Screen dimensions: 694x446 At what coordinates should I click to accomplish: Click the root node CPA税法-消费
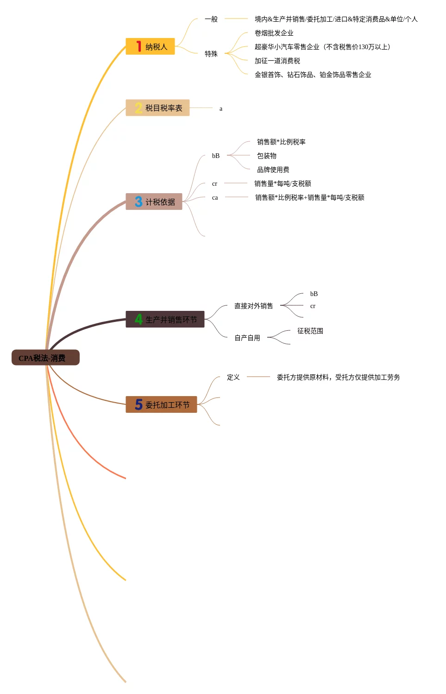tap(45, 358)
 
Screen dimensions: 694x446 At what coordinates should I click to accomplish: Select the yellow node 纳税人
tap(150, 46)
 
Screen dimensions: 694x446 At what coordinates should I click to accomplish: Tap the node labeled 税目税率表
tap(157, 108)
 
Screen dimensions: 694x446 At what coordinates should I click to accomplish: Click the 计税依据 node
tap(154, 202)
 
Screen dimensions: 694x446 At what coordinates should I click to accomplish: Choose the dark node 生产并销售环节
tap(165, 319)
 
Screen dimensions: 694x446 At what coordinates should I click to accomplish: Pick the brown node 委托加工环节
tap(161, 404)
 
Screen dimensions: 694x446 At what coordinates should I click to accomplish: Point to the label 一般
tap(211, 19)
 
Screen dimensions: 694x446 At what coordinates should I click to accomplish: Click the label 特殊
tap(211, 54)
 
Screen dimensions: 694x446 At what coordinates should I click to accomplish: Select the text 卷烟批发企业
tap(274, 33)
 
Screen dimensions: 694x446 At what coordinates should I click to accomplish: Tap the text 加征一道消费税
tap(277, 61)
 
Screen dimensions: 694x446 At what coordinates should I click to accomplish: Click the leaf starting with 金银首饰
tap(313, 75)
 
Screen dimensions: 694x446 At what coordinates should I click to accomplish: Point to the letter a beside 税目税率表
tap(221, 109)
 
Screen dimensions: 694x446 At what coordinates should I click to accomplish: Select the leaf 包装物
tap(267, 156)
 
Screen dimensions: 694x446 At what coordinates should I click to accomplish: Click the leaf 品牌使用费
tap(273, 170)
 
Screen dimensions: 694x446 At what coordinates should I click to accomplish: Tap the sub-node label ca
tap(215, 197)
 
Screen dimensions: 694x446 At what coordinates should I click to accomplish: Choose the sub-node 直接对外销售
tap(253, 306)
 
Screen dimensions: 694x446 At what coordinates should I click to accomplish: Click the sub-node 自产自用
tap(247, 338)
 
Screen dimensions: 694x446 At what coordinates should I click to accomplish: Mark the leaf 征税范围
tap(310, 331)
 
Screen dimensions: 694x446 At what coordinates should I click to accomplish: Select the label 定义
tap(233, 377)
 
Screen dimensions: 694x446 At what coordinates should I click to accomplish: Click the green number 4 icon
tap(138, 319)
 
